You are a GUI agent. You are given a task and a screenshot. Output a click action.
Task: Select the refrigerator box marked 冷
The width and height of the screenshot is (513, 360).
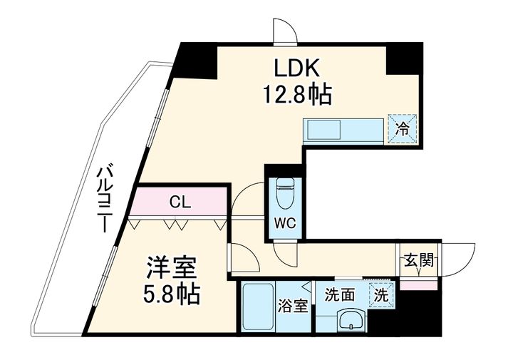coord(402,130)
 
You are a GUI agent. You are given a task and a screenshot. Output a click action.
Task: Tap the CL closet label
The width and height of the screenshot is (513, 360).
coord(179,202)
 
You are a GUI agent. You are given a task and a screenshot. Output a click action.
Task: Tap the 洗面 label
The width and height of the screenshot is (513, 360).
coord(339,294)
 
